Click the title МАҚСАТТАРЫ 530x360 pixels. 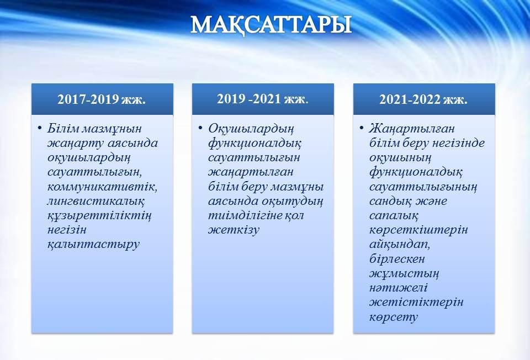pos(271,25)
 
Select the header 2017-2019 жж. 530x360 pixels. pos(102,99)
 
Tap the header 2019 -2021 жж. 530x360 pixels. pos(263,99)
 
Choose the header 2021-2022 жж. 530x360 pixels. pos(423,99)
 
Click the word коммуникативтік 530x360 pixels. pos(103,187)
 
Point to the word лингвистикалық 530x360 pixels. pos(96,202)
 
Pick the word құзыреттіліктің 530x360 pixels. pos(99,216)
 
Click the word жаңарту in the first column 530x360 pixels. pos(76,144)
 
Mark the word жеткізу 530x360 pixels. pos(234,231)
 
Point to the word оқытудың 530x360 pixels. pos(293,202)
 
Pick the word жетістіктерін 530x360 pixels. pos(416,303)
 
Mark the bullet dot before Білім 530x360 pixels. pos(40,128)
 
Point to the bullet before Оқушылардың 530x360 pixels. pos(201,128)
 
